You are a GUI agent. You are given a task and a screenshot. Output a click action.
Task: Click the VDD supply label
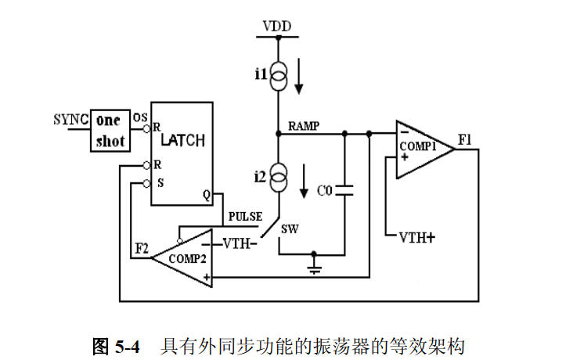pos(277,27)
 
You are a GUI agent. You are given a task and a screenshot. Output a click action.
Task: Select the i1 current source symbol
pos(279,76)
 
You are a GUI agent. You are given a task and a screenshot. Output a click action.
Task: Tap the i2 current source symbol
pos(279,177)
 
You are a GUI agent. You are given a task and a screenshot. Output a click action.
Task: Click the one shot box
pos(110,131)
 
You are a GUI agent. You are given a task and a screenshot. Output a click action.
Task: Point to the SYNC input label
pos(71,120)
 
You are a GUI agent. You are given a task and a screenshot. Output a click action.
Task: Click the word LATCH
pos(182,140)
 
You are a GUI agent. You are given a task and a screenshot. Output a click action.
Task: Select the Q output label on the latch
pos(207,195)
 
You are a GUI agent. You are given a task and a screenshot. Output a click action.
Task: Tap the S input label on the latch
pos(160,183)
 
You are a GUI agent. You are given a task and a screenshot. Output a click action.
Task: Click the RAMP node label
pos(304,126)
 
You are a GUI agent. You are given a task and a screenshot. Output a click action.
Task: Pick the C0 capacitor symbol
pos(344,190)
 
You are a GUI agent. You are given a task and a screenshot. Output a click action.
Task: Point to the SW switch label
pos(290,229)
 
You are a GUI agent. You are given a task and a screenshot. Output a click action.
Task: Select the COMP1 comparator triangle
pos(425,149)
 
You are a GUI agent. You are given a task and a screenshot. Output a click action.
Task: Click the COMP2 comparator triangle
pos(182,258)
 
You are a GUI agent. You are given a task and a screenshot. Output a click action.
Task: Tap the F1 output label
pos(465,139)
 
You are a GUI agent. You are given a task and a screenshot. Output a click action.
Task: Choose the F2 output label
pos(142,249)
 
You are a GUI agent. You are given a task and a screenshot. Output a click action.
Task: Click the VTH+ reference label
pos(417,238)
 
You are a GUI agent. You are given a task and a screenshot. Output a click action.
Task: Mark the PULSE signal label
pos(245,217)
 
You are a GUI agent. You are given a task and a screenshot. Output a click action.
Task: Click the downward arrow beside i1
pos(299,76)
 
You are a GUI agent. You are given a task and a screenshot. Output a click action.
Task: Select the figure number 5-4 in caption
pos(128,346)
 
